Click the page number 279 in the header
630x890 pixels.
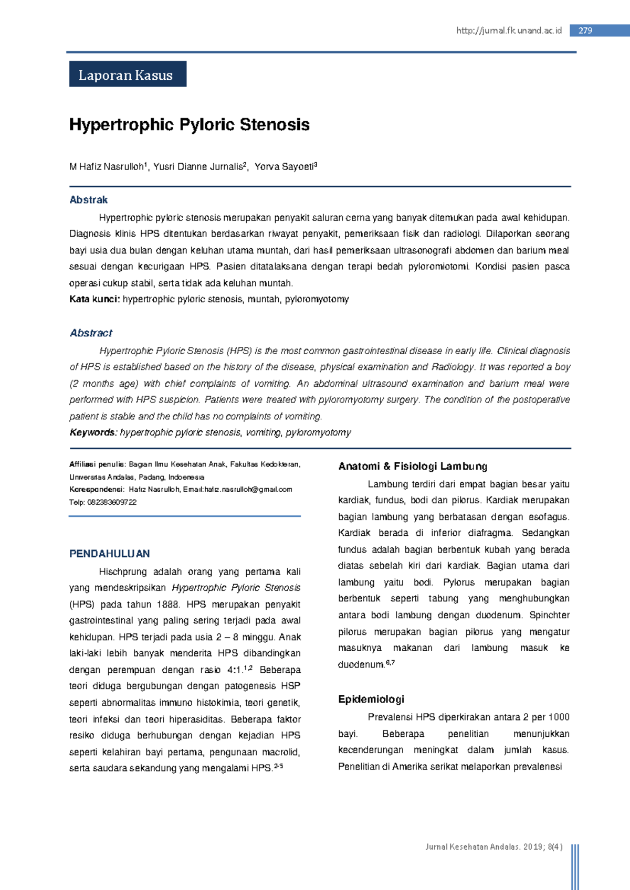(585, 30)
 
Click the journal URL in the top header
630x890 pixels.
(509, 30)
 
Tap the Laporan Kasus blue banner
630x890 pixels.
(128, 75)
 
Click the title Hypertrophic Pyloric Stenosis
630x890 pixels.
(189, 125)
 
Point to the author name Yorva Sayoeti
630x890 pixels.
(284, 167)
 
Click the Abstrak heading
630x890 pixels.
(88, 200)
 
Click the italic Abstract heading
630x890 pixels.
(91, 333)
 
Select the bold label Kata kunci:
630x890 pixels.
(94, 299)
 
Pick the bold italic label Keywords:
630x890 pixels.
(93, 432)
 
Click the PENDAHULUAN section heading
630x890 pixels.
(109, 554)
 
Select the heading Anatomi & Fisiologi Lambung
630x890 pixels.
(413, 466)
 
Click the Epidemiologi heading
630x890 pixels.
(371, 700)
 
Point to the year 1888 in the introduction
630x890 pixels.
(167, 605)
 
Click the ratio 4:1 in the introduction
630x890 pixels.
(235, 670)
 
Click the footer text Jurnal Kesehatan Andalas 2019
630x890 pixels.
(493, 846)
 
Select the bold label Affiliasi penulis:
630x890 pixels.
(98, 464)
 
